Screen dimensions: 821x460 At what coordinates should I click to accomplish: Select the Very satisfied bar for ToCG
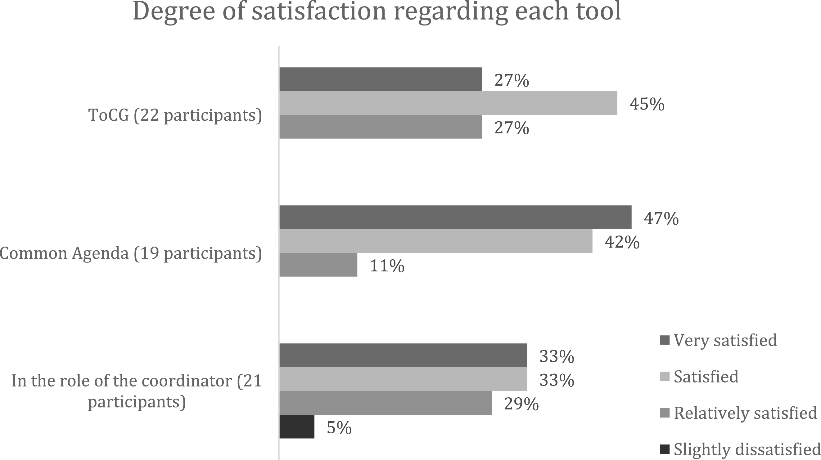click(381, 79)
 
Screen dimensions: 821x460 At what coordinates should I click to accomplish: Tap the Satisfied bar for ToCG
click(449, 103)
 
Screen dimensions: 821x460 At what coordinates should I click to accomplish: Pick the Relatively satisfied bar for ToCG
click(381, 127)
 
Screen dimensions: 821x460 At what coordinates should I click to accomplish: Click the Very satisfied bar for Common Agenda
click(455, 217)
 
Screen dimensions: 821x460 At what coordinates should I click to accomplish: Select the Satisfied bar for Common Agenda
click(436, 241)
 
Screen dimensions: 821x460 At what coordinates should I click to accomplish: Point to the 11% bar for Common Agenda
click(318, 265)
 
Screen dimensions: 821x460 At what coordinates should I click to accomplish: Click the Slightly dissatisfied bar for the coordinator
click(297, 427)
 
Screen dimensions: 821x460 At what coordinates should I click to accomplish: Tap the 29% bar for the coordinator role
click(386, 403)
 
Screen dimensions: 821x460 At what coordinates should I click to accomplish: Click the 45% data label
click(647, 104)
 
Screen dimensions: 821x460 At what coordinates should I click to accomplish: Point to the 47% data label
click(661, 219)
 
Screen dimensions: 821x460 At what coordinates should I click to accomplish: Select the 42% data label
click(622, 242)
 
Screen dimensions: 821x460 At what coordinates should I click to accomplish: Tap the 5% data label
click(339, 427)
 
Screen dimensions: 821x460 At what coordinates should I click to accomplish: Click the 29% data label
click(521, 404)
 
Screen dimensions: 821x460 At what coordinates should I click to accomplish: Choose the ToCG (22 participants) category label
click(175, 115)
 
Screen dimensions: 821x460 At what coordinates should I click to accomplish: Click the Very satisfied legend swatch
click(665, 340)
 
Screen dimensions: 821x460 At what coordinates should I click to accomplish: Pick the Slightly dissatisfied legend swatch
click(665, 449)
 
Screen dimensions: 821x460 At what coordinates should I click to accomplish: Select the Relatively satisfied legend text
click(746, 413)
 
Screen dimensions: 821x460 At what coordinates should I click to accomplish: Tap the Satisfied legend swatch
click(665, 377)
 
